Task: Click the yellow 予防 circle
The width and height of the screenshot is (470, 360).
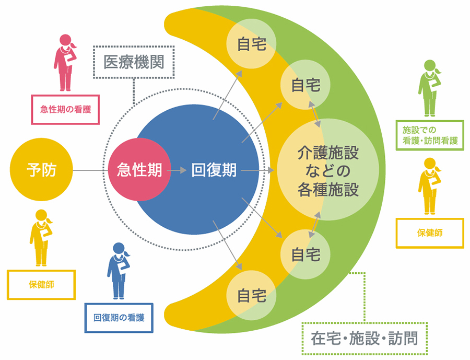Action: pos(41,169)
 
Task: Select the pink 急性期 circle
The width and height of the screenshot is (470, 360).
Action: pos(139,169)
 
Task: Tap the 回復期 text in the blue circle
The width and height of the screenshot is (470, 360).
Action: pos(214,170)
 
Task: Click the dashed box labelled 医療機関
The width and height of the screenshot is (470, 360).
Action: pos(134,62)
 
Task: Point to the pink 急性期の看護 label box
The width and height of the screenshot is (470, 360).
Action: pos(65,110)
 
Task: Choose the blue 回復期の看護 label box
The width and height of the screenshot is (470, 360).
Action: pos(119,318)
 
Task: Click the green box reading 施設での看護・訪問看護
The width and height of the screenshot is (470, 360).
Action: pos(430,135)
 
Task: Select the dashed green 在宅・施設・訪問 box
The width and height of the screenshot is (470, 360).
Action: pos(365,339)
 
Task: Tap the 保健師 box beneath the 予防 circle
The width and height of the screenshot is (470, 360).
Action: pos(41,284)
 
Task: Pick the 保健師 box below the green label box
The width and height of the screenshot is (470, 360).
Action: pos(430,233)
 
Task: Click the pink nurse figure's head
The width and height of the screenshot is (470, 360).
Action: pos(65,40)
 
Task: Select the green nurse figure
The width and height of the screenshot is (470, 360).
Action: pos(429,88)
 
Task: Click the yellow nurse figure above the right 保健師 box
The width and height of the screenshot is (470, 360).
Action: pos(429,186)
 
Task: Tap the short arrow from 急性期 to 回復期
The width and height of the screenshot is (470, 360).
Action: pos(177,170)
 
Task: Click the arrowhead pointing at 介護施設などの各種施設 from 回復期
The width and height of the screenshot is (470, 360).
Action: pos(271,170)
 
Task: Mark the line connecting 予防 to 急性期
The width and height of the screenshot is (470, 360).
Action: pos(90,170)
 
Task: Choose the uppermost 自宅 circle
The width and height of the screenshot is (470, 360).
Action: pos(251,44)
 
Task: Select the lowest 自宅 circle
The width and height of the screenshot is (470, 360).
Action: pos(251,296)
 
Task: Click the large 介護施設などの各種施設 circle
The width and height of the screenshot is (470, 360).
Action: pos(328,169)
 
